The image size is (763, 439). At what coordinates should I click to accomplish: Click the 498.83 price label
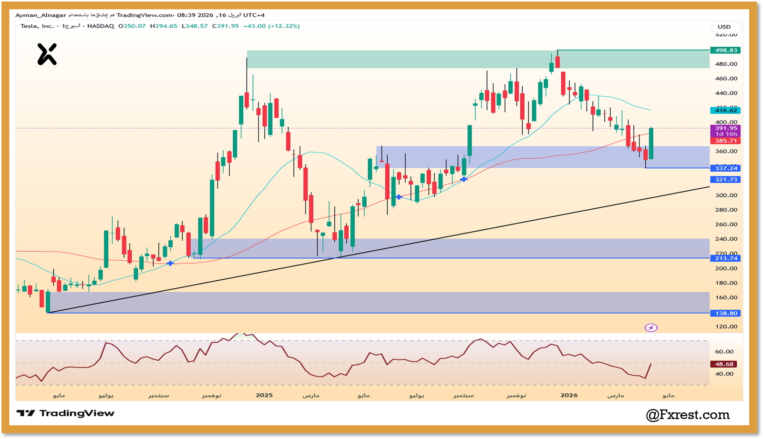click(725, 50)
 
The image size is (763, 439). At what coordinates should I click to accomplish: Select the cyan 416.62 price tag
click(725, 110)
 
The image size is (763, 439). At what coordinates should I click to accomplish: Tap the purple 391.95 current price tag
click(725, 128)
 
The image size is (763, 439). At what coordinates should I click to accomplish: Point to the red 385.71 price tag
click(725, 141)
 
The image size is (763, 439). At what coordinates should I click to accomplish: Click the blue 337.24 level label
click(725, 168)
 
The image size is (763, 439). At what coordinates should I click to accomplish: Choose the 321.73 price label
click(725, 179)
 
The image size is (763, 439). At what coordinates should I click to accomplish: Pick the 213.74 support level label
click(725, 258)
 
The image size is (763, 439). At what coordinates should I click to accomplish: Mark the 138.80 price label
click(725, 313)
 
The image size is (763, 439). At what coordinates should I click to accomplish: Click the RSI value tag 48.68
click(724, 364)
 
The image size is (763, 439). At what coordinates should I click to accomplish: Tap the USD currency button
click(724, 27)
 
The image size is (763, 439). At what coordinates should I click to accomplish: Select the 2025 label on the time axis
click(264, 395)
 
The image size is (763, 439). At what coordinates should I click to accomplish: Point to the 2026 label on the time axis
click(569, 395)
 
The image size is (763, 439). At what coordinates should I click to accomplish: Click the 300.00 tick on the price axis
click(726, 195)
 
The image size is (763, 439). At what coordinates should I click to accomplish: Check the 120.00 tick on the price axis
click(726, 327)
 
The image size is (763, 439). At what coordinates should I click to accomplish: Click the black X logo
click(47, 54)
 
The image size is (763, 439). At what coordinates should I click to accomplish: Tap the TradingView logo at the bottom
click(66, 413)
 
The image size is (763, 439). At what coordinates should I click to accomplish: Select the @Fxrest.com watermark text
click(688, 415)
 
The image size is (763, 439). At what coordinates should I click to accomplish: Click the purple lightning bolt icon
click(651, 327)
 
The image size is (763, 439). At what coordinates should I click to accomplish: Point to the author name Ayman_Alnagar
click(41, 15)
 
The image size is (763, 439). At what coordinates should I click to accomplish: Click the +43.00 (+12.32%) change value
click(271, 26)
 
